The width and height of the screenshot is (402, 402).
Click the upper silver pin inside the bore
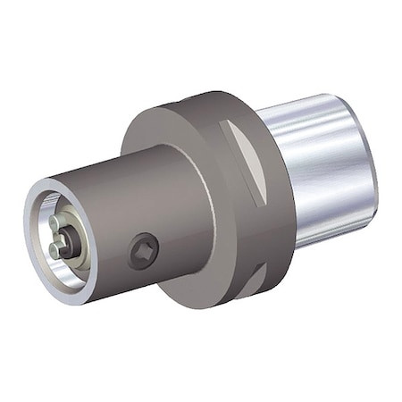coord(59,223)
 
